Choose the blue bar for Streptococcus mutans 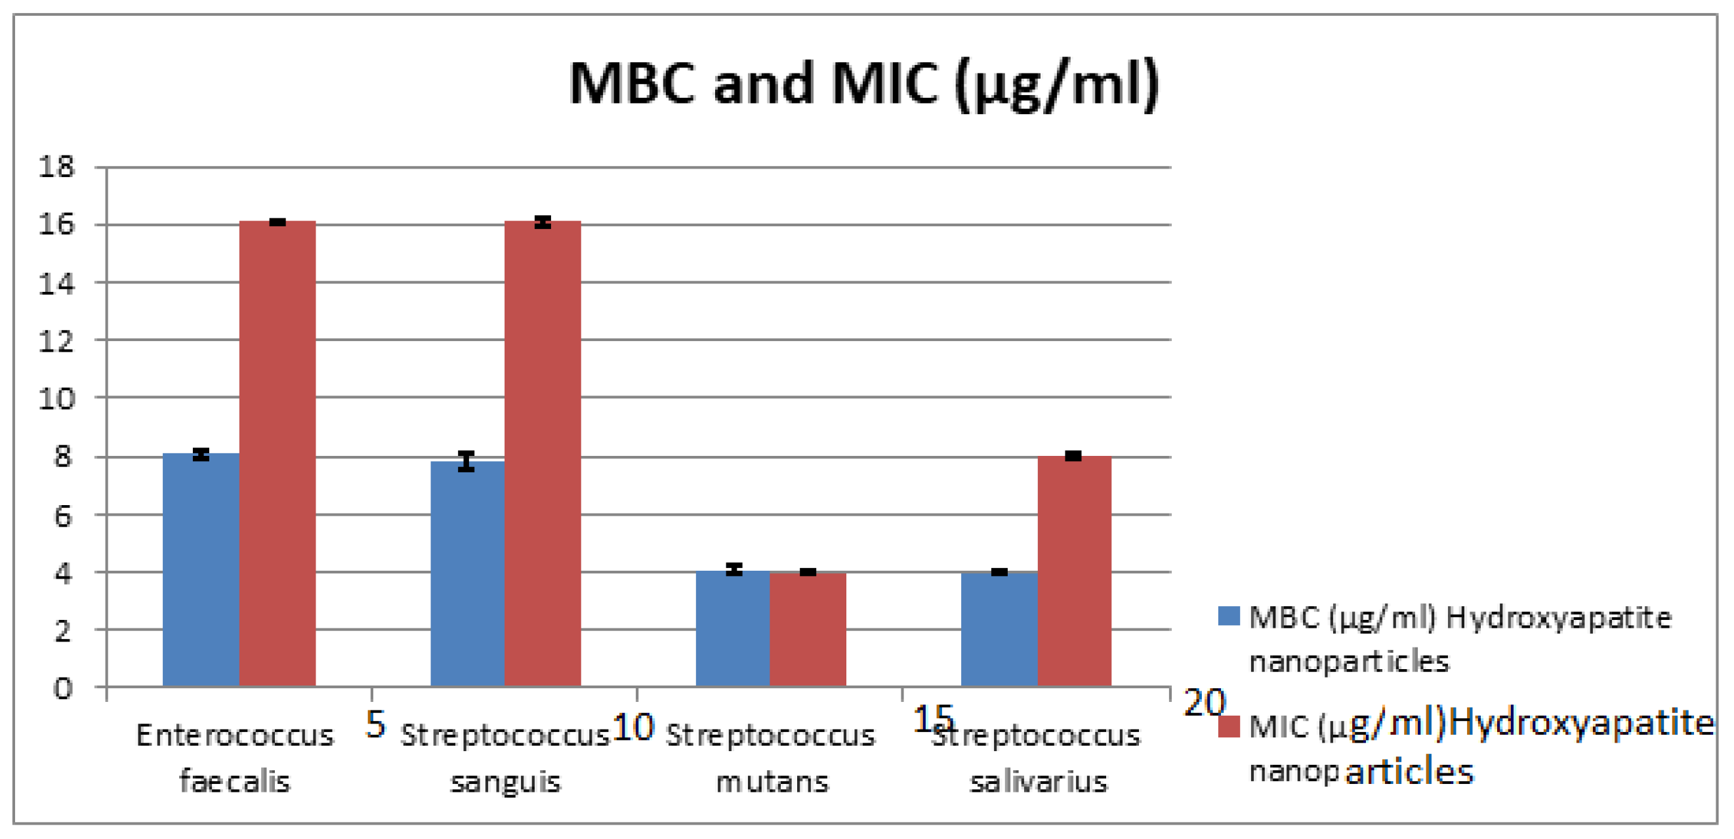pos(732,629)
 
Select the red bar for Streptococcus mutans pos(808,630)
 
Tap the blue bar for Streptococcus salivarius pos(999,630)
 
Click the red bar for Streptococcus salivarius pos(1075,571)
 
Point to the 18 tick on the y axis pos(56,167)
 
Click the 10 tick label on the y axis pos(56,399)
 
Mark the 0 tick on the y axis pos(62,688)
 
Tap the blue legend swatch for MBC pos(1228,615)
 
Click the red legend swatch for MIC pos(1228,726)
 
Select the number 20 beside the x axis pos(1205,703)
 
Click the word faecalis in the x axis pos(234,782)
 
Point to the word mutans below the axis pos(772,782)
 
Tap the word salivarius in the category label pos(1038,782)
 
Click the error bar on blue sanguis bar pos(466,462)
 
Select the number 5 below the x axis pos(375,724)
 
